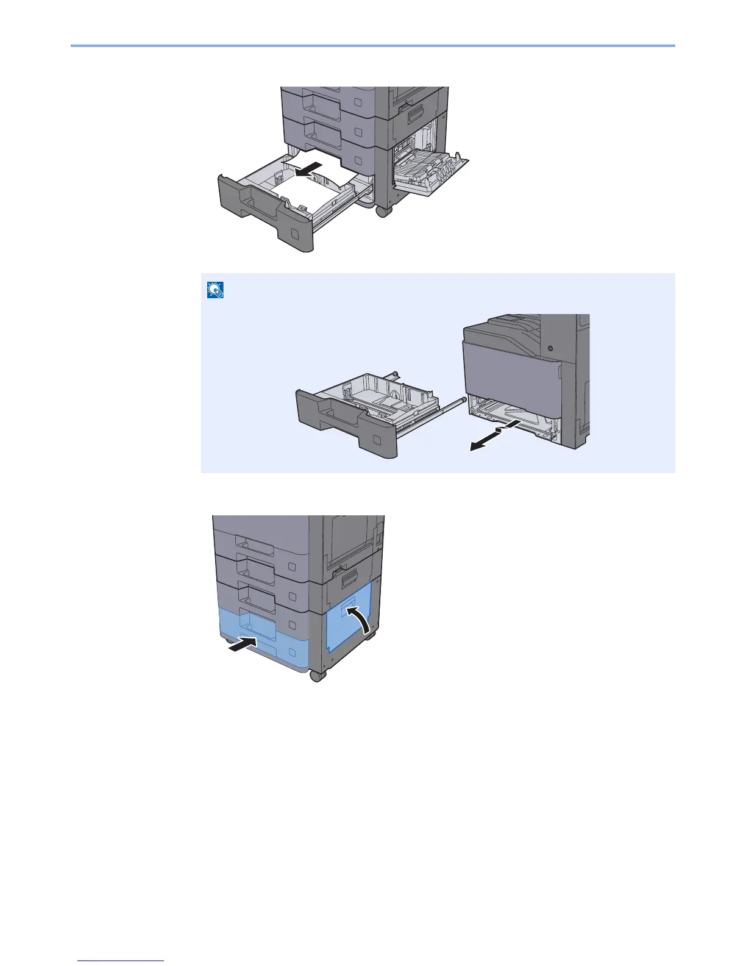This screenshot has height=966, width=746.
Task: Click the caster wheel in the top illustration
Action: pyautogui.click(x=383, y=212)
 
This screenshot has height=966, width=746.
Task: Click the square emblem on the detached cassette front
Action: pyautogui.click(x=377, y=439)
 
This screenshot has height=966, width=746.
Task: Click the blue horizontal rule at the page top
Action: pyautogui.click(x=373, y=46)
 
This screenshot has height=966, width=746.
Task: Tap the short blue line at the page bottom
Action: pyautogui.click(x=121, y=961)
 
